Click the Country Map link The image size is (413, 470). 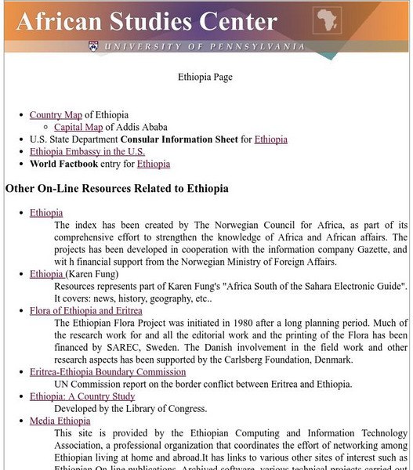[x=56, y=115]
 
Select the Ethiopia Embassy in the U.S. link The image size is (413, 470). [x=87, y=152]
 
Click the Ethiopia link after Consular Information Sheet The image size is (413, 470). [x=270, y=139]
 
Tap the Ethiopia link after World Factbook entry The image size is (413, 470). [x=154, y=164]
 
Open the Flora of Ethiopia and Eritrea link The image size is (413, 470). [x=86, y=311]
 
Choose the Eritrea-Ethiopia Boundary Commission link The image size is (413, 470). [x=107, y=372]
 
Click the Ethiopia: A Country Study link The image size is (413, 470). [x=82, y=396]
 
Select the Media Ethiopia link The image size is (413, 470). [x=60, y=421]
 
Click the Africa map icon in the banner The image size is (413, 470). [x=327, y=20]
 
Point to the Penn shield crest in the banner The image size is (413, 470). [x=94, y=46]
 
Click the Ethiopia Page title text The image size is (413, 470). [x=206, y=78]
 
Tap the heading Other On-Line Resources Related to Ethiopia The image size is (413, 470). [x=117, y=189]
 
